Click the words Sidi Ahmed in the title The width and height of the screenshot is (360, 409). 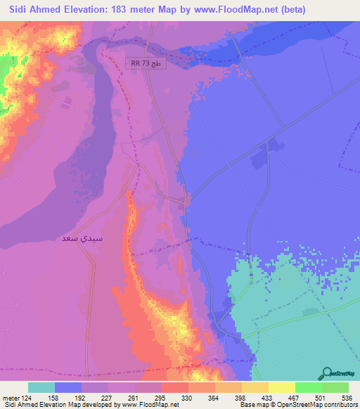(x=34, y=10)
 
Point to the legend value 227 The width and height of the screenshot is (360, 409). (x=108, y=397)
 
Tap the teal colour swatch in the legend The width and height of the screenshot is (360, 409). (x=41, y=387)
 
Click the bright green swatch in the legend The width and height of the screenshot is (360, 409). (x=308, y=387)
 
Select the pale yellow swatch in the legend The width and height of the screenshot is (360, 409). (x=281, y=387)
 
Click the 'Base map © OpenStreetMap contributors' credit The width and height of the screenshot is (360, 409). (x=297, y=405)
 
